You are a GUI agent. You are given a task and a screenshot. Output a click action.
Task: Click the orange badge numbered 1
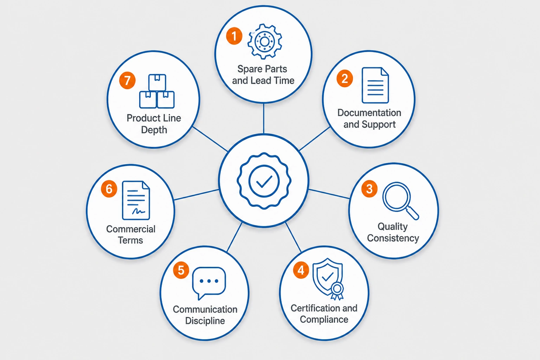tap(234, 36)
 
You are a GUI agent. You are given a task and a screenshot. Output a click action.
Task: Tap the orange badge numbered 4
tap(301, 270)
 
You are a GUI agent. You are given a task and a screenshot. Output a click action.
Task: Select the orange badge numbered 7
tap(127, 80)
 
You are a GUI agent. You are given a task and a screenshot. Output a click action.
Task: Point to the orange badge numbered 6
tap(109, 189)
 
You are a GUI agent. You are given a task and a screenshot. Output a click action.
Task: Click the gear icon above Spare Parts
tap(265, 42)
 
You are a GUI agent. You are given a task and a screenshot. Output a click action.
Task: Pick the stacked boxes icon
tap(157, 91)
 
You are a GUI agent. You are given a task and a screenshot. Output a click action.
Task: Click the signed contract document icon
tap(136, 200)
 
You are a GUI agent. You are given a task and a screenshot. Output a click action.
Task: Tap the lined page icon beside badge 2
tap(375, 85)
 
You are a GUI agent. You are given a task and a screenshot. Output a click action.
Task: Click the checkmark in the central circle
tap(264, 181)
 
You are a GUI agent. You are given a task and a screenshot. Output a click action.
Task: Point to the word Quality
tap(392, 227)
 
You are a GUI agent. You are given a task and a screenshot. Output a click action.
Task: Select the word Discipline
tap(205, 321)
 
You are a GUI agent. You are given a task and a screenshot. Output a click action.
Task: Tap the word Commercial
tap(131, 229)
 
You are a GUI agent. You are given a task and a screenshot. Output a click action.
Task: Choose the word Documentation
tap(369, 113)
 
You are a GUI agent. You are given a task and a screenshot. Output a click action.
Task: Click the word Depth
tap(154, 130)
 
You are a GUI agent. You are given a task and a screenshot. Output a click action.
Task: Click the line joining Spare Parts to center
tap(263, 118)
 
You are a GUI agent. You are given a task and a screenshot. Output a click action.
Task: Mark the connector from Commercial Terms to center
tap(196, 195)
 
